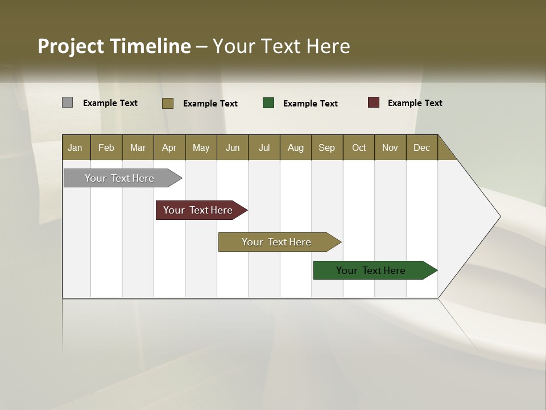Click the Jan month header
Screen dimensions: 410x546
tap(76, 147)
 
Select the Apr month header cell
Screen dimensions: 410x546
tap(169, 147)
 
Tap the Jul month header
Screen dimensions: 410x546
tap(264, 147)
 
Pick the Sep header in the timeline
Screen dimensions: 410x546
tap(327, 147)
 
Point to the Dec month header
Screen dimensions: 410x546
tap(422, 147)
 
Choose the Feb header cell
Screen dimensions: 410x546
tap(106, 147)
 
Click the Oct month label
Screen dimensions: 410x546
tap(359, 147)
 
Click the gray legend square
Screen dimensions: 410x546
tap(68, 102)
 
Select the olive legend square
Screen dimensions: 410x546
tap(168, 103)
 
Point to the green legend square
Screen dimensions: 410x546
tap(268, 103)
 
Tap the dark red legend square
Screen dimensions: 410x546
tap(374, 102)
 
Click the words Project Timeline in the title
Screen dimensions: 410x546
tap(114, 46)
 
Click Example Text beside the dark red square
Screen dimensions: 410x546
tap(415, 103)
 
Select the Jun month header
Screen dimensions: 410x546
tap(233, 147)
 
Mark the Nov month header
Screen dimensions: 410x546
tap(390, 147)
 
